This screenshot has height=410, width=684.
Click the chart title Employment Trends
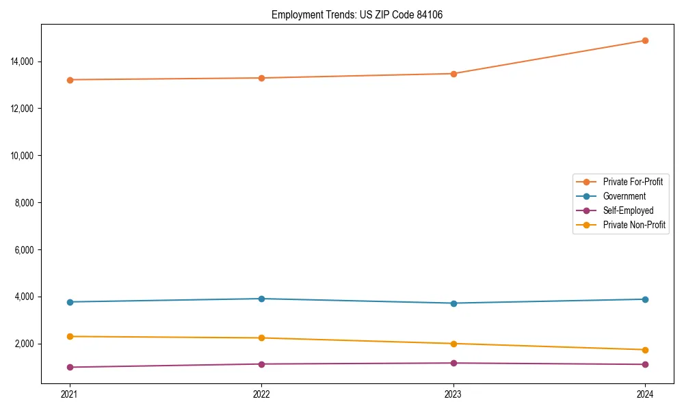pos(357,14)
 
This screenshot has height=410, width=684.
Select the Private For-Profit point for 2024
pos(645,40)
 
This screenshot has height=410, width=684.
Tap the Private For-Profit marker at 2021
pos(70,80)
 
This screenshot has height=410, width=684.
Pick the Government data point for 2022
pos(261,299)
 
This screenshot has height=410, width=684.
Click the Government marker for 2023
pos(453,303)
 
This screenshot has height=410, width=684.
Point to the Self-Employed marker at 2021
pos(70,368)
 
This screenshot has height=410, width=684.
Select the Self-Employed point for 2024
pos(645,364)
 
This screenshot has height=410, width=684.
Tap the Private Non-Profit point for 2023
pos(453,344)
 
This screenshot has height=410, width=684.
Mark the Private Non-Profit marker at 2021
pos(70,336)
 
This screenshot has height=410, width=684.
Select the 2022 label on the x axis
pos(261,394)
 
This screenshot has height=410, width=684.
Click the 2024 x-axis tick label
pos(645,394)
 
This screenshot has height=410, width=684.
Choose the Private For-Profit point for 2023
pos(453,74)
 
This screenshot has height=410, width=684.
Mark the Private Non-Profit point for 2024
pos(645,350)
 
